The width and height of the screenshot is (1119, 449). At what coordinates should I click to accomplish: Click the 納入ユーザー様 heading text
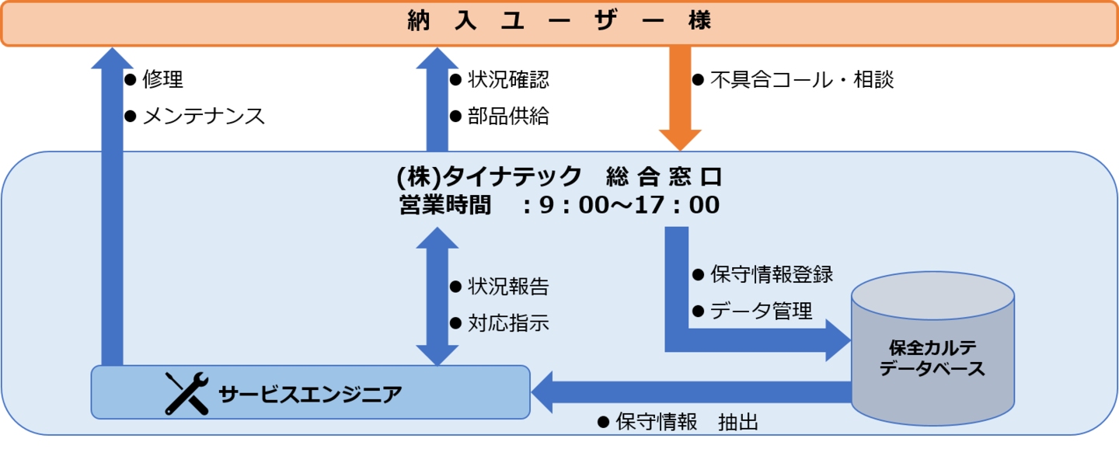click(559, 22)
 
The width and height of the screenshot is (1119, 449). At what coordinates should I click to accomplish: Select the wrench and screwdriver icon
click(186, 393)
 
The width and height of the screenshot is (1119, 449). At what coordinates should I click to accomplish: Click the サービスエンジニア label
click(310, 394)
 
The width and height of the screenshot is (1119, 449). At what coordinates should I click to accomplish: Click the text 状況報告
click(508, 287)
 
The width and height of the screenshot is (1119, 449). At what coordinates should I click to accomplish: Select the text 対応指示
click(508, 323)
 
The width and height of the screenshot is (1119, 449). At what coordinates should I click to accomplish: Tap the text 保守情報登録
click(772, 274)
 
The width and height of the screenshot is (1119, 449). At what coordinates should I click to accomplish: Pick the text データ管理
click(762, 312)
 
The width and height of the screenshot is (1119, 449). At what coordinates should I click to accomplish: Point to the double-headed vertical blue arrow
click(437, 296)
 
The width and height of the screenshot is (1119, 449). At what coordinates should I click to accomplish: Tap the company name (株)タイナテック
click(489, 177)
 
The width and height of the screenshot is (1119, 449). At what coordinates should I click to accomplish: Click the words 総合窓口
click(664, 177)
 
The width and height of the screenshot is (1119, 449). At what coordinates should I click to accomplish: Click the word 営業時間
click(445, 206)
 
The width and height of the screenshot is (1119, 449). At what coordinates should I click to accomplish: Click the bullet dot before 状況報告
click(455, 287)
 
